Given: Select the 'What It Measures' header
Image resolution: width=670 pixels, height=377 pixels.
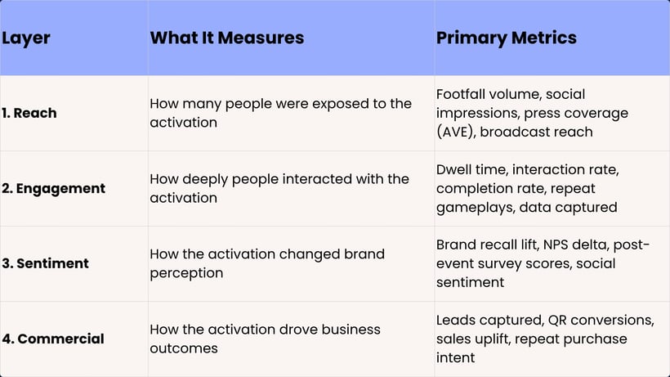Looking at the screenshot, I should (x=227, y=38).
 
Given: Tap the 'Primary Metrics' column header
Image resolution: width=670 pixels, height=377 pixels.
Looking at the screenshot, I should (x=507, y=38).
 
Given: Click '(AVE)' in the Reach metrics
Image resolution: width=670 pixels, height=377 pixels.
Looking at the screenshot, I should (x=455, y=132).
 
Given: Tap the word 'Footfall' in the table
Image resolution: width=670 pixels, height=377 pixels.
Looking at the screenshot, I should (x=462, y=94).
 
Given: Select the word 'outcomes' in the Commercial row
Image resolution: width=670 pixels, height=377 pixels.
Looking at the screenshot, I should (x=183, y=348).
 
